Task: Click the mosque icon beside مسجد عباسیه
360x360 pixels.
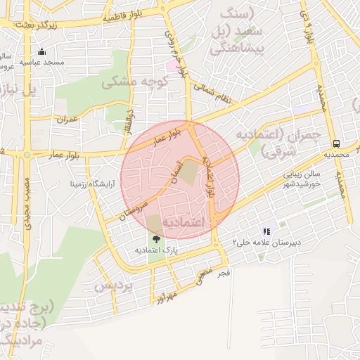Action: (41, 51)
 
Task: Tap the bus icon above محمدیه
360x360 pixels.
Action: (336, 141)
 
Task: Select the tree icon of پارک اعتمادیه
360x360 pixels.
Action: (157, 239)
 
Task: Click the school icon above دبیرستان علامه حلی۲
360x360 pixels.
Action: (266, 231)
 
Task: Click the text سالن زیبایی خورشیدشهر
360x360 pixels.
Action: (302, 179)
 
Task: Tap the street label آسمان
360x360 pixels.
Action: (175, 171)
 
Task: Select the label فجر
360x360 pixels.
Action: (224, 271)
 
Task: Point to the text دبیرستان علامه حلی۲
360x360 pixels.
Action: (267, 242)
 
